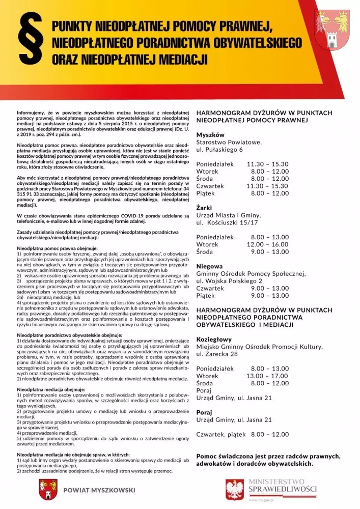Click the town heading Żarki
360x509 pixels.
(x=204, y=208)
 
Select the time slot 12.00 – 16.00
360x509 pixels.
(x=268, y=244)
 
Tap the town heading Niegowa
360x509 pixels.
(x=209, y=266)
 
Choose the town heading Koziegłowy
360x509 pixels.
(x=214, y=339)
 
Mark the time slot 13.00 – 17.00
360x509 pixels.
(x=268, y=376)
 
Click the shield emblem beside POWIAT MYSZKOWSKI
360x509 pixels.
(x=47, y=491)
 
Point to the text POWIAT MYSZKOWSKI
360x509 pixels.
(x=99, y=491)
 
